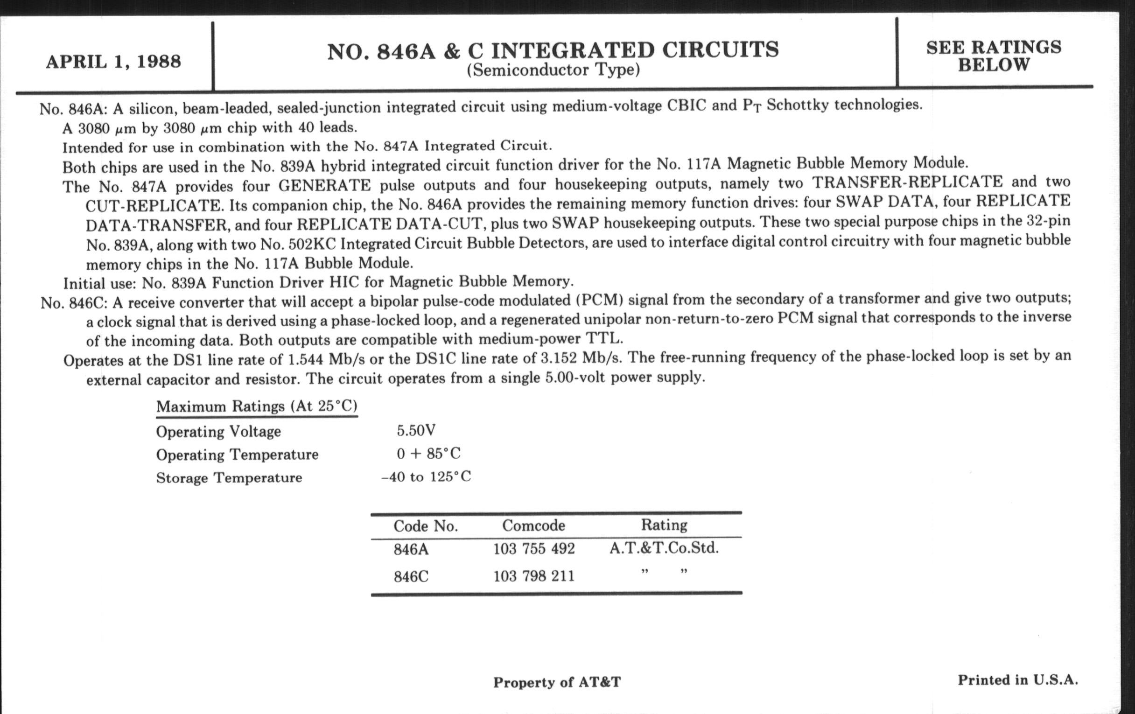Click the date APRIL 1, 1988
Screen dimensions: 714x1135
113,62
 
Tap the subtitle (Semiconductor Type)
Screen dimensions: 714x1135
553,70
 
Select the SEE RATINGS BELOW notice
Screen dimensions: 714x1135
994,56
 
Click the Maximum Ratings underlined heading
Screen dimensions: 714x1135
256,406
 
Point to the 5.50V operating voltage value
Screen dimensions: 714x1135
416,430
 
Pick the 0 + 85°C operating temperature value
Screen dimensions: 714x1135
428,454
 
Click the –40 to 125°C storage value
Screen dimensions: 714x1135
426,477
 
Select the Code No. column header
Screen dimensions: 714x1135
426,526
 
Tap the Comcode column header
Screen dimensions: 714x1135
533,525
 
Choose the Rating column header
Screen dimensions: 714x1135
664,525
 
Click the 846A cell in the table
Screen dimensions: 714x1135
411,550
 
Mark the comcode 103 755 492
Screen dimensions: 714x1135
533,549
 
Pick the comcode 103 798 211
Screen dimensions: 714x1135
533,576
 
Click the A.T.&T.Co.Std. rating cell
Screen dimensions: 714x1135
664,548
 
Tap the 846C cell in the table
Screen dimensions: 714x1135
411,577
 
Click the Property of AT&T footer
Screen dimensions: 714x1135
557,682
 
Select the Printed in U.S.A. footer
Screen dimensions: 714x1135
1017,680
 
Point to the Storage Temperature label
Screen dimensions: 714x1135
229,478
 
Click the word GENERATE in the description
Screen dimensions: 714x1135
324,185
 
